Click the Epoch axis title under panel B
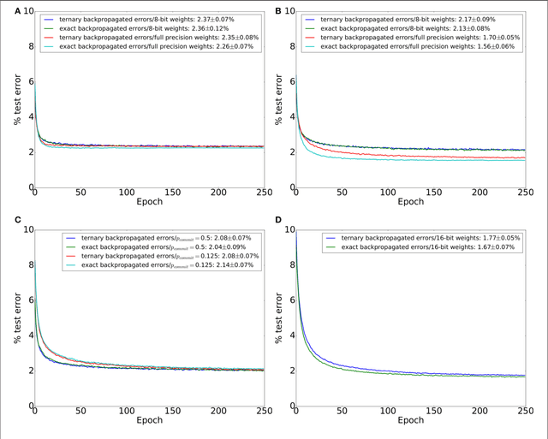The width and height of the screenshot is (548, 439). point(410,202)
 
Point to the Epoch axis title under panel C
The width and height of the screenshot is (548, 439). point(148,421)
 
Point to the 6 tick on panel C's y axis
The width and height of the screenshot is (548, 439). point(27,300)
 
